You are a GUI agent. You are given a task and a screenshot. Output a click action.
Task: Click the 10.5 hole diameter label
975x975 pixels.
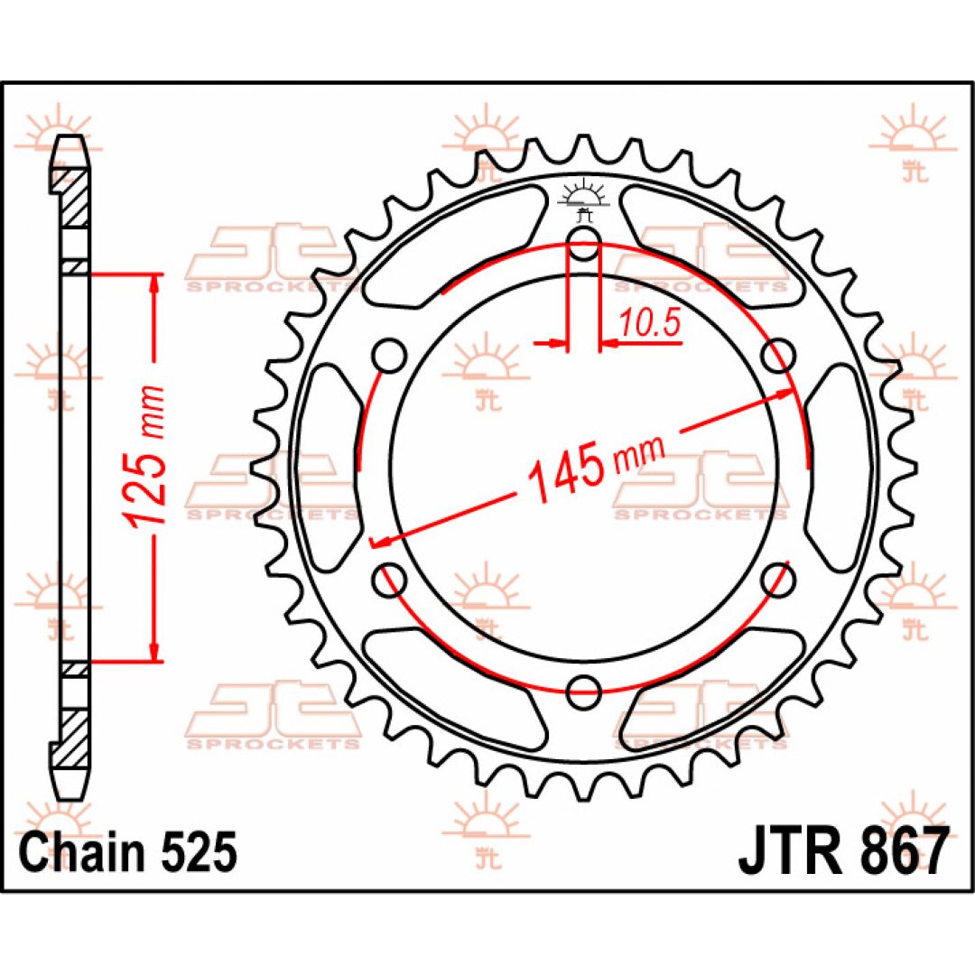point(650,323)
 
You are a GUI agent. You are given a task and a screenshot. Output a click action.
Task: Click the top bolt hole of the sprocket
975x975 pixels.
point(583,244)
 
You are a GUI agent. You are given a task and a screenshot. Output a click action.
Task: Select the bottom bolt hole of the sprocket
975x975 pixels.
point(583,692)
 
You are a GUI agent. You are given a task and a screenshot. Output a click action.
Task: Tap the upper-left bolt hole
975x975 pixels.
point(390,356)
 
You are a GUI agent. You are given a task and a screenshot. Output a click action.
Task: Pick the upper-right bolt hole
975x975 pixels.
point(778,356)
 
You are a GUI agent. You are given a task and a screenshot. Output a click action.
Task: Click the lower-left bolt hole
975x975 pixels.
point(390,580)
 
